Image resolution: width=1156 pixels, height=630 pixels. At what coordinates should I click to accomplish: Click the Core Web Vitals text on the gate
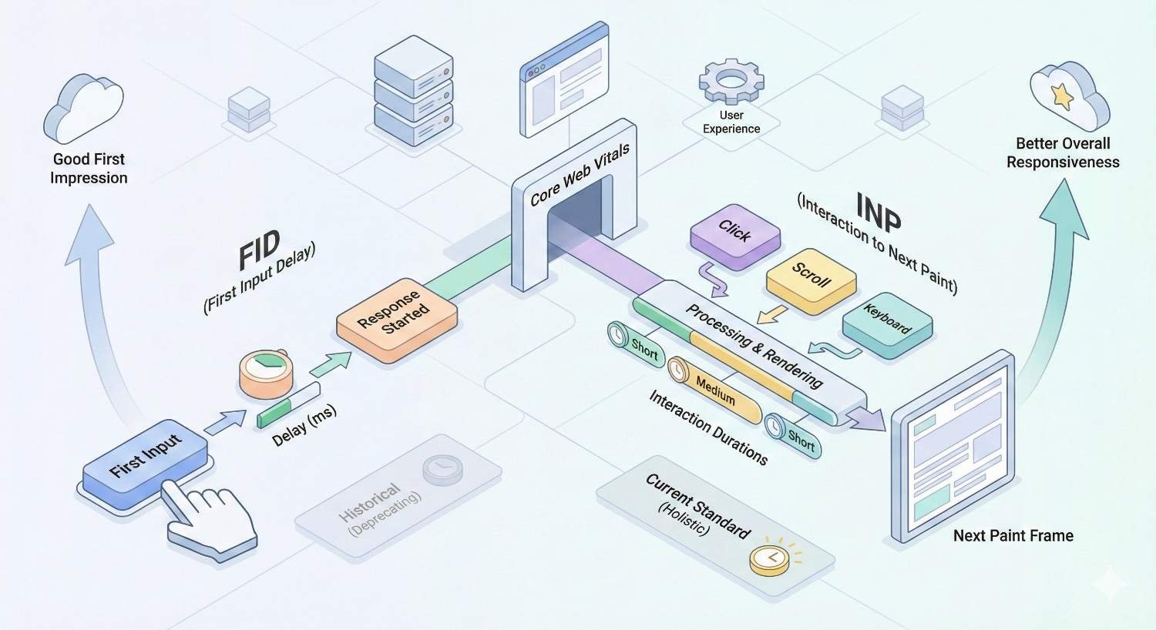(x=580, y=175)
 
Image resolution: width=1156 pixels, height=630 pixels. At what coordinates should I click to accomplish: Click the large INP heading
(x=878, y=212)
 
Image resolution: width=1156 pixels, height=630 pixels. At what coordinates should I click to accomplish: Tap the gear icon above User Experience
(x=731, y=81)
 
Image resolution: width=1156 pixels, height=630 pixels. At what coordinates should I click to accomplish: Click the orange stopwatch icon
(x=265, y=374)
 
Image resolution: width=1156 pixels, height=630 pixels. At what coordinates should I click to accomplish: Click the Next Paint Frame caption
(x=1013, y=536)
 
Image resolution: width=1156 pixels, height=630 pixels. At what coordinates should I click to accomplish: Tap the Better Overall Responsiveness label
(x=1063, y=152)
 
